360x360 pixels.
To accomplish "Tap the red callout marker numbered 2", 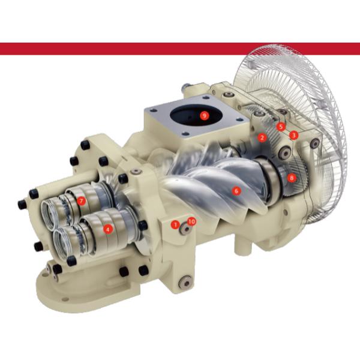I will (262, 137).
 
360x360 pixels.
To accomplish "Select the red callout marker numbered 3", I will (293, 135).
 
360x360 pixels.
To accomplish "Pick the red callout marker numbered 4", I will (108, 228).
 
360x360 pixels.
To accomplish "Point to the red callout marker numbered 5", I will (280, 127).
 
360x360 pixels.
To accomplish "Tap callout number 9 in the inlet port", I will (204, 115).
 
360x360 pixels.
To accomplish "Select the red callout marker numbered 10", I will (191, 221).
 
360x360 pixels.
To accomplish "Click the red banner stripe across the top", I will (180, 49).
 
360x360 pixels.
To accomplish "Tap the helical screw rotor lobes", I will (204, 186).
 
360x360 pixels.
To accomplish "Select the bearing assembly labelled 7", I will (87, 201).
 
